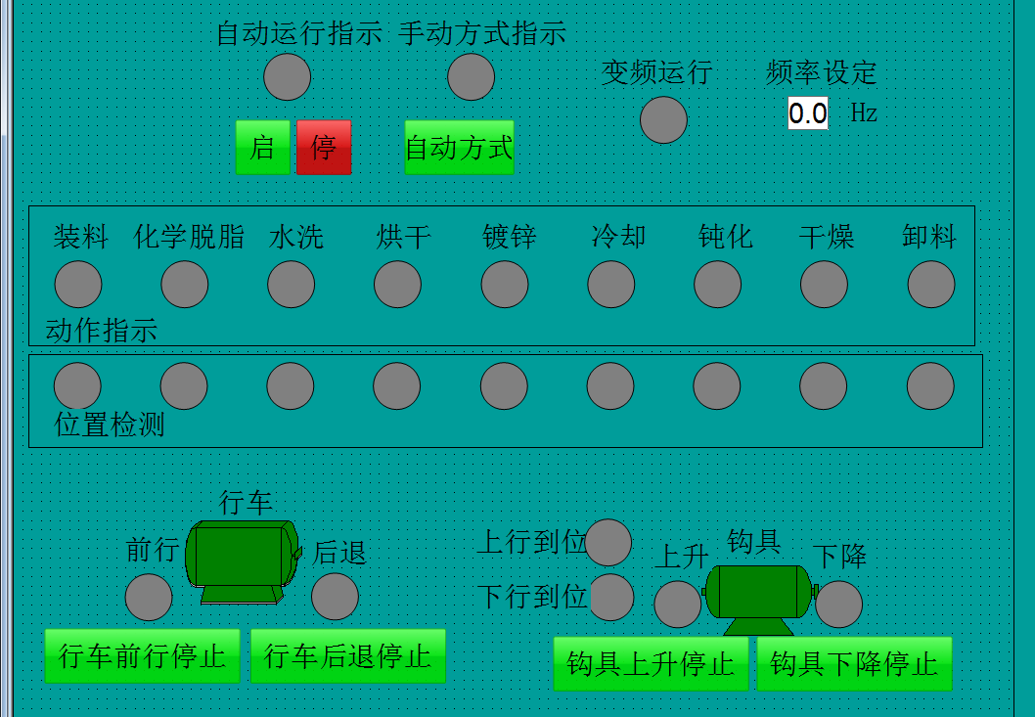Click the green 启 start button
(x=262, y=148)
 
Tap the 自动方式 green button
(x=459, y=148)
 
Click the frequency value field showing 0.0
(x=808, y=113)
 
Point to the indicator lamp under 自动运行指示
(x=288, y=77)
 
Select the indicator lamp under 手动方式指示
(x=471, y=77)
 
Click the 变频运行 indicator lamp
(x=663, y=120)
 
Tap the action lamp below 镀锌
(x=505, y=285)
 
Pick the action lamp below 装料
(x=78, y=285)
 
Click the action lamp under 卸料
(x=931, y=285)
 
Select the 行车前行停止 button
(x=142, y=655)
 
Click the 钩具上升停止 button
(x=651, y=664)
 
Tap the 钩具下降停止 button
(x=854, y=664)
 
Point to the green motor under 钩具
(x=758, y=594)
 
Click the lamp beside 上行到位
(x=608, y=542)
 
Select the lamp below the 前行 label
(x=149, y=597)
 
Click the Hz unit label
(x=863, y=113)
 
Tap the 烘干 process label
(x=404, y=237)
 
